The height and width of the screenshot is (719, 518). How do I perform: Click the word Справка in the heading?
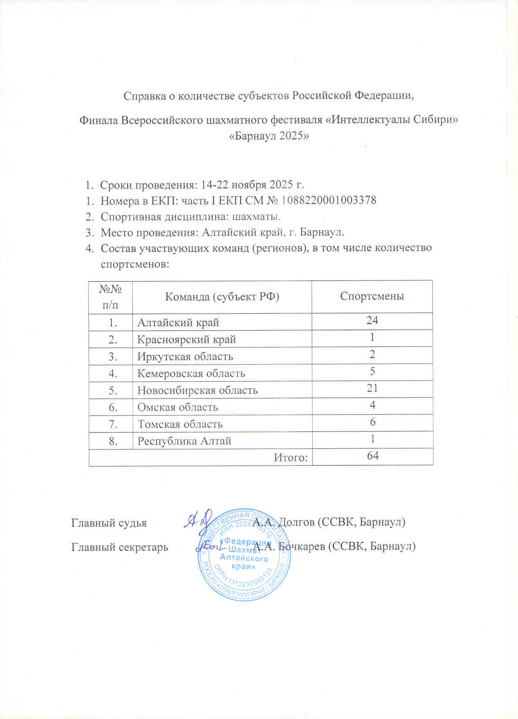[144, 96]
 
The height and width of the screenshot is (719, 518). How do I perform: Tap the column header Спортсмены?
[372, 296]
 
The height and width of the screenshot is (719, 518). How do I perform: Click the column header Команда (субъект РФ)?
[222, 296]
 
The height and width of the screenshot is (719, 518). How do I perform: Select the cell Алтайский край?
[178, 323]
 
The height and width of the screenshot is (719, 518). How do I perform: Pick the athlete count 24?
[372, 321]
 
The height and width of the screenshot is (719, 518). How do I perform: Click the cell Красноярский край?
[186, 340]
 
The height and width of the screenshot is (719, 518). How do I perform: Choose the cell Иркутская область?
[185, 357]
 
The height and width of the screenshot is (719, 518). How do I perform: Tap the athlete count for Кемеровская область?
[372, 371]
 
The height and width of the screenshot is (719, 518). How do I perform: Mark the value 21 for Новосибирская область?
[372, 388]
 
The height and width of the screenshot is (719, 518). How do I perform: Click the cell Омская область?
[177, 408]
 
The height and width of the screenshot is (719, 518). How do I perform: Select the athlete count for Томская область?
[372, 422]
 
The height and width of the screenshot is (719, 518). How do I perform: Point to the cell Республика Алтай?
[184, 441]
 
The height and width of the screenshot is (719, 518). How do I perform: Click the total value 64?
[373, 456]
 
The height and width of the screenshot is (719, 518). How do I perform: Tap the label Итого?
[291, 457]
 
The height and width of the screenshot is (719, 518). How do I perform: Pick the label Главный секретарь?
[120, 547]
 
